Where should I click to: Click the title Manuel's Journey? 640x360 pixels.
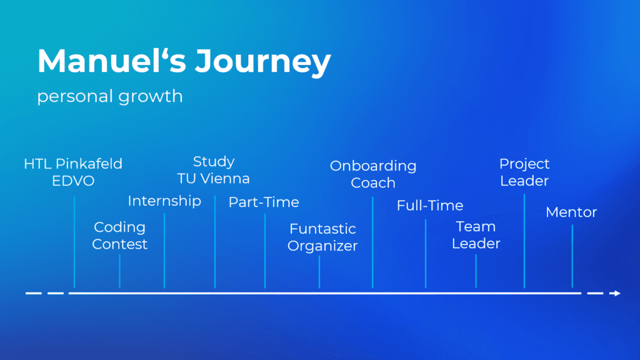tap(184, 61)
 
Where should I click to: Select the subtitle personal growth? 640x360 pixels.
tap(110, 96)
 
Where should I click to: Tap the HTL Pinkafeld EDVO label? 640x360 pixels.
tap(73, 172)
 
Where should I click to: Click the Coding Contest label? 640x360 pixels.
tap(119, 236)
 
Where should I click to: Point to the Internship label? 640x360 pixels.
tap(164, 201)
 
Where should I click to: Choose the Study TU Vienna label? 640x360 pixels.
tap(214, 170)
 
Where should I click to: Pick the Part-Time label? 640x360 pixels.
tap(264, 202)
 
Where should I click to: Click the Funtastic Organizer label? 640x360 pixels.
tap(322, 237)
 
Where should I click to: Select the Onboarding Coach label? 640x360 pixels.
tap(373, 174)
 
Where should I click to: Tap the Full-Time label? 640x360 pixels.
tap(430, 206)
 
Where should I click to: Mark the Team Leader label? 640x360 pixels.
tap(476, 235)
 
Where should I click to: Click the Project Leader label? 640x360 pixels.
tap(524, 172)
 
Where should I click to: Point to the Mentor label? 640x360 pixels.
tap(571, 212)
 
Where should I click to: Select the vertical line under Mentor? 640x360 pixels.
tap(572, 256)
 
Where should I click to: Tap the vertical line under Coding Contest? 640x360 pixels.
tap(119, 271)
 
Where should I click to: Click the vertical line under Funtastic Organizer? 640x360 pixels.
tap(319, 272)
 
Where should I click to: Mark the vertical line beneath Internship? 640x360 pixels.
tap(164, 250)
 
